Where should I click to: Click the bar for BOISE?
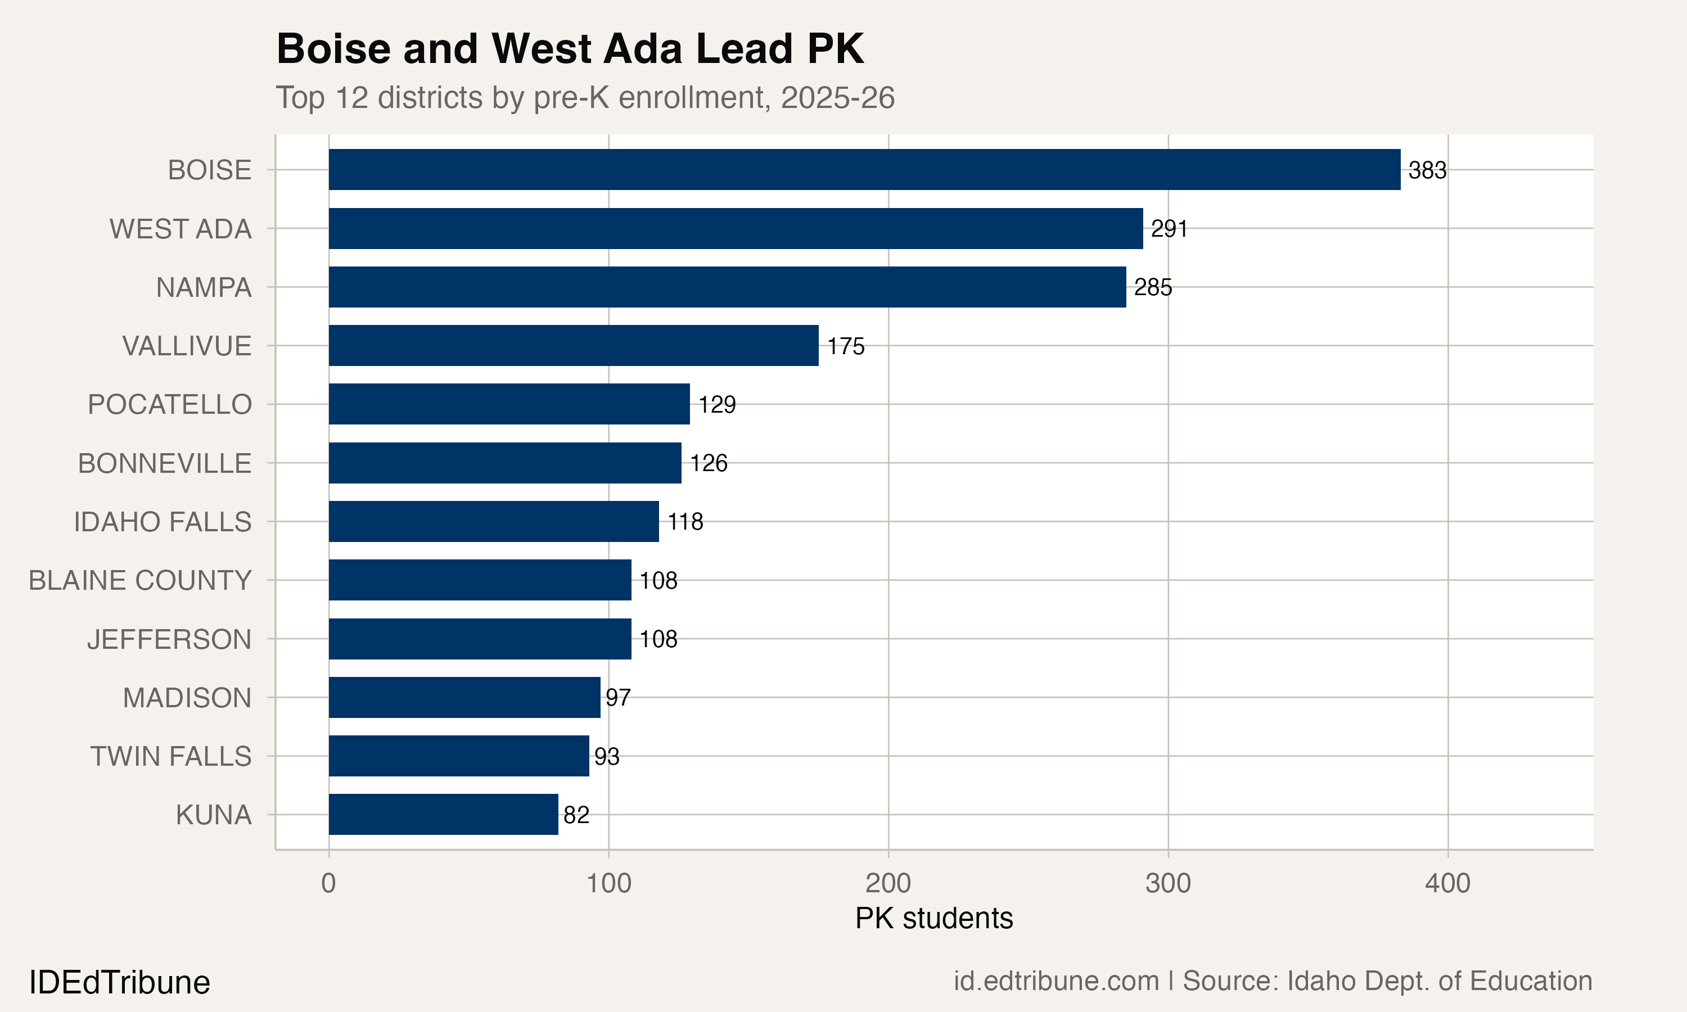(x=864, y=170)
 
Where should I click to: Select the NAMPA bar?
(x=727, y=287)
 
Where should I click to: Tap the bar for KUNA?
(x=443, y=814)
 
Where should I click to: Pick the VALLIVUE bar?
(x=574, y=346)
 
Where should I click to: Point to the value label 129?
(x=716, y=404)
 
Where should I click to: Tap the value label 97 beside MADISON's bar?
(x=618, y=698)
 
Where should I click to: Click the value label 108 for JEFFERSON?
(x=658, y=639)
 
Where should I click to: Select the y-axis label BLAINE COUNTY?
(x=140, y=580)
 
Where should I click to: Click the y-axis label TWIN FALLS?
(x=170, y=756)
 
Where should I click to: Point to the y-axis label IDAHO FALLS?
(x=163, y=522)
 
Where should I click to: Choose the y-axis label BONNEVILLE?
(x=164, y=463)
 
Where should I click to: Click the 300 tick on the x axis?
(x=1167, y=883)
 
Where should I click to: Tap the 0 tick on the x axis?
(x=328, y=883)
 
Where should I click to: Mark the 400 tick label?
(x=1447, y=883)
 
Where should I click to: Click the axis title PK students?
(x=933, y=919)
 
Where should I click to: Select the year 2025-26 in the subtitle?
(x=837, y=97)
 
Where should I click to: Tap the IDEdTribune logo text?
(x=119, y=983)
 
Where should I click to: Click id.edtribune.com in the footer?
(x=1055, y=981)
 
